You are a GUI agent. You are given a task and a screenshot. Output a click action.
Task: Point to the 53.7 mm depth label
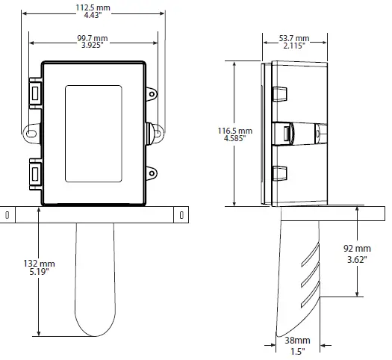[295, 37]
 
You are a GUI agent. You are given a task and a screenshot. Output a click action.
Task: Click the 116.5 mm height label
[234, 131]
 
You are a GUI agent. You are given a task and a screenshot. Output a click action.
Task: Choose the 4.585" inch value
[234, 140]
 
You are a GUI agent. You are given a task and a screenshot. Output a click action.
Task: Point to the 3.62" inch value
[357, 259]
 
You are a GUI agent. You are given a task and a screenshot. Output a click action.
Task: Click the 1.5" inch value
[297, 350]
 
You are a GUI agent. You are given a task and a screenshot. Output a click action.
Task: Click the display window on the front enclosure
[93, 134]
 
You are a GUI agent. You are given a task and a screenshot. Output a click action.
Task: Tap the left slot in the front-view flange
[7, 215]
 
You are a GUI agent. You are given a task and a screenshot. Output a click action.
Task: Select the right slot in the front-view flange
[181, 215]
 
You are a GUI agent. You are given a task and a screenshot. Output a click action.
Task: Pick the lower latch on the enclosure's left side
[35, 174]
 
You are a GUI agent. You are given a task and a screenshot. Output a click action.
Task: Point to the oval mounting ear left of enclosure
[31, 132]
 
